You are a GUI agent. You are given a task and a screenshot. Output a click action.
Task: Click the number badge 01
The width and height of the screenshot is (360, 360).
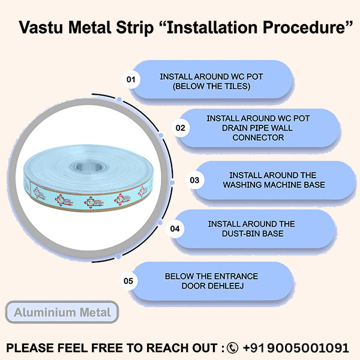130,79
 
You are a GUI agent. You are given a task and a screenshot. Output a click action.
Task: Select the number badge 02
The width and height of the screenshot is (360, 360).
180,128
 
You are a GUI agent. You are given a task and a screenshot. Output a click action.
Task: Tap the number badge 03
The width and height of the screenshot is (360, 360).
194,179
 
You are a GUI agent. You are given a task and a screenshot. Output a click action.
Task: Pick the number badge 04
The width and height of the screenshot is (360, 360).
175,229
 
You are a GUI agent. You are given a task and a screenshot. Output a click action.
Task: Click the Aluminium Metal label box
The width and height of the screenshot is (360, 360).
62,313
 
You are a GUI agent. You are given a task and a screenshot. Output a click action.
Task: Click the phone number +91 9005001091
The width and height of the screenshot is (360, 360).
295,348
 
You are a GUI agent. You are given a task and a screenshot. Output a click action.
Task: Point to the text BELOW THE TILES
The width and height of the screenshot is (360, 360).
211,87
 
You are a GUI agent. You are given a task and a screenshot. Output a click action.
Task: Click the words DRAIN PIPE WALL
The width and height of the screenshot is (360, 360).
258,128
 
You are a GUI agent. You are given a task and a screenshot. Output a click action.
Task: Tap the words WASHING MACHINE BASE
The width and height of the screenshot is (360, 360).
274,184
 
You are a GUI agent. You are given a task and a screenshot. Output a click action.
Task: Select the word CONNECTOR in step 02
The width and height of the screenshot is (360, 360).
258,137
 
